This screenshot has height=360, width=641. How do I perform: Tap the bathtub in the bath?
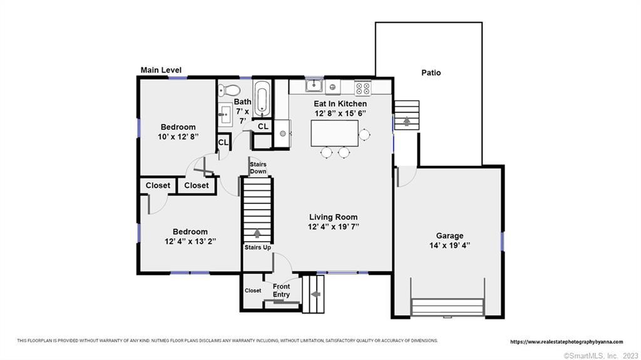(262, 98)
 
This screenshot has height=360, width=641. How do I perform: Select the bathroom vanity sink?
(225, 115)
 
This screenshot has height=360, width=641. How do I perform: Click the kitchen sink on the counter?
(314, 86)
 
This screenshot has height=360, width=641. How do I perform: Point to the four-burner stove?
(362, 87)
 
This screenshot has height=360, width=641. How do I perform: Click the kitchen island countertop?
(334, 133)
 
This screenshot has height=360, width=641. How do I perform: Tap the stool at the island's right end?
(364, 134)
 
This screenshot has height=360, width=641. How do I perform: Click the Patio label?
(431, 73)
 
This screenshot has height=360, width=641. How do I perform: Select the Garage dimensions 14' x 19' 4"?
(449, 245)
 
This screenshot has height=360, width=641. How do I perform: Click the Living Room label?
(333, 217)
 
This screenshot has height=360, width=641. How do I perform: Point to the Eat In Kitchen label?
(340, 104)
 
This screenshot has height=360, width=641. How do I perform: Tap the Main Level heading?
(161, 70)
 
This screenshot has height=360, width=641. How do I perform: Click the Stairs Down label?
(258, 168)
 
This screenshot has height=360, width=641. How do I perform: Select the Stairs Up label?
(257, 247)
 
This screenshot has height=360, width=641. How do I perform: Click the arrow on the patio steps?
(407, 121)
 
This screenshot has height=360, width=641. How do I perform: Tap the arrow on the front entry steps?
(315, 294)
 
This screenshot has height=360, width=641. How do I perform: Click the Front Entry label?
(281, 291)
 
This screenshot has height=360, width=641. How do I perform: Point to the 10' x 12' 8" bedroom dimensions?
(178, 136)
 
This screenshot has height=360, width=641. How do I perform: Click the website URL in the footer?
(567, 342)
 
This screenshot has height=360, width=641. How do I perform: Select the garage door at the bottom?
(448, 307)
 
